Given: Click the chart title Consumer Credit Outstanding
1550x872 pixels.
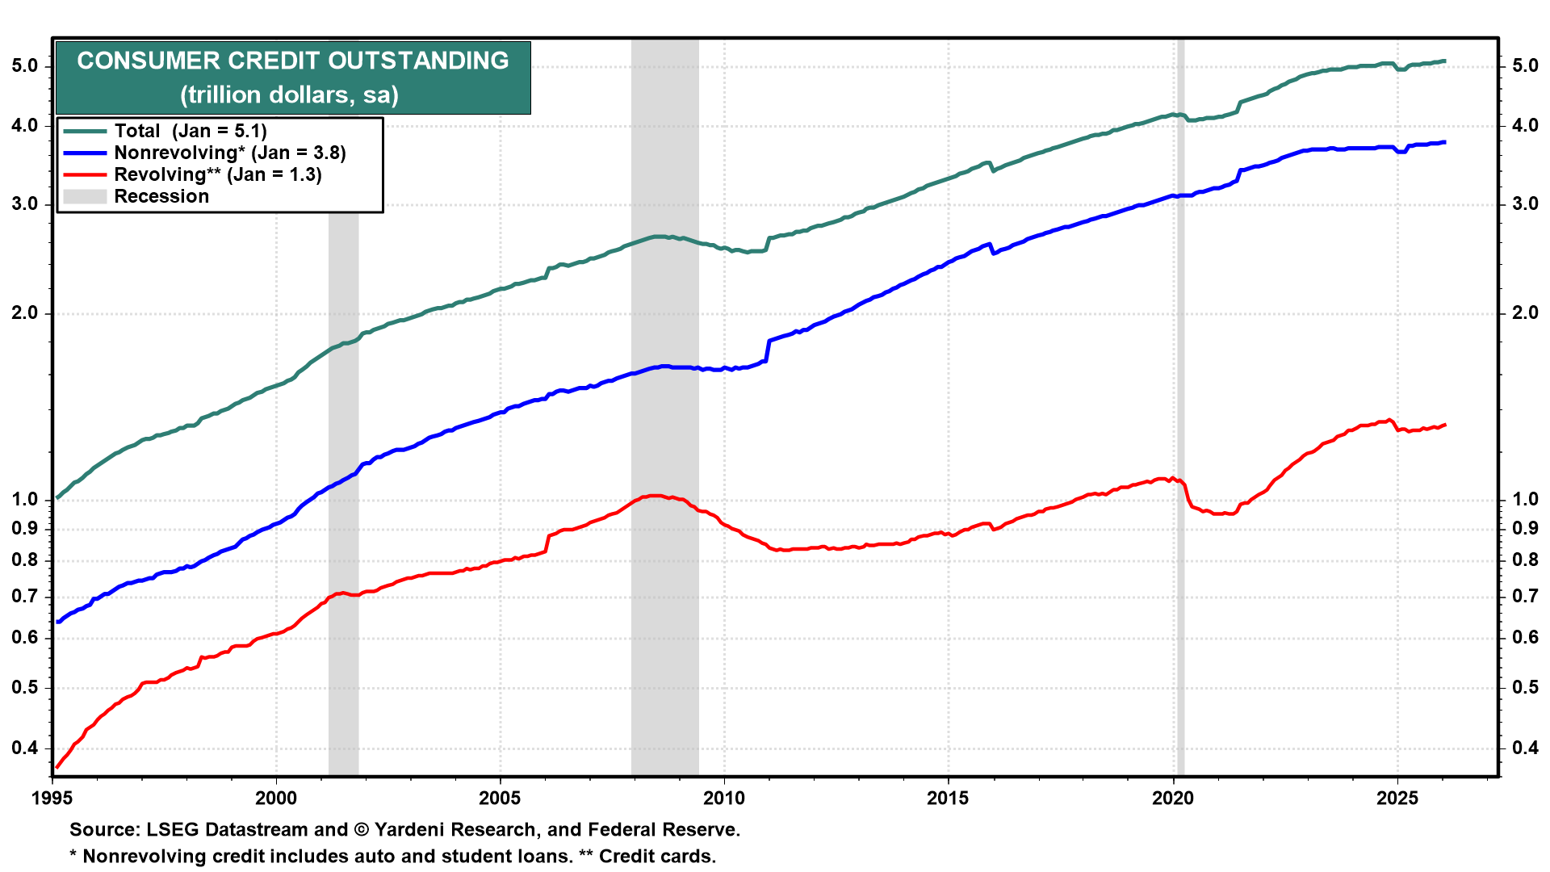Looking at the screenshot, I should point(292,61).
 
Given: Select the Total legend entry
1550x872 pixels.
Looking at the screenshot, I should point(190,131).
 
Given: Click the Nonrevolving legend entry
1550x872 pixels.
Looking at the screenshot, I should point(229,153).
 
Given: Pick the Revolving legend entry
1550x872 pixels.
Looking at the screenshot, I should point(217,174).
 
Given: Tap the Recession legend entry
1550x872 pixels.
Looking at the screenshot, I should point(161,196).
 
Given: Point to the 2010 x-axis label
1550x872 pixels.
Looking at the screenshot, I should point(724,799).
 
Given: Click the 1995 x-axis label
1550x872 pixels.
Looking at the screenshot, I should point(52,799).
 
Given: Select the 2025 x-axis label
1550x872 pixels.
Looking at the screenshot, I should point(1397,799).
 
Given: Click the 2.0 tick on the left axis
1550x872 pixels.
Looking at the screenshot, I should point(25,313).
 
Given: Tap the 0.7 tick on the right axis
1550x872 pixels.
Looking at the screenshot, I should point(1524,597).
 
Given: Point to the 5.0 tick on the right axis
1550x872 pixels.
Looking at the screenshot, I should point(1524,66).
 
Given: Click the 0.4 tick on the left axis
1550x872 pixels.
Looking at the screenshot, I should point(25,748).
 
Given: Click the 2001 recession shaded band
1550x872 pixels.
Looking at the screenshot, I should point(343,484).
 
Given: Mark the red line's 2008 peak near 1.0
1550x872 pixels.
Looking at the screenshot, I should point(654,496).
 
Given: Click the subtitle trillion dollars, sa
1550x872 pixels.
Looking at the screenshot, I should point(289,95).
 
